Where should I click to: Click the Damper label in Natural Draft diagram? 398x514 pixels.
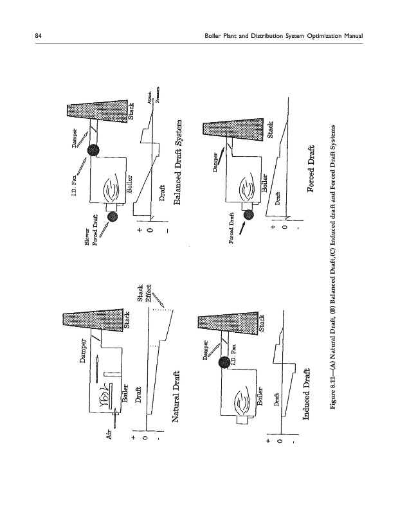pos(84,374)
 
